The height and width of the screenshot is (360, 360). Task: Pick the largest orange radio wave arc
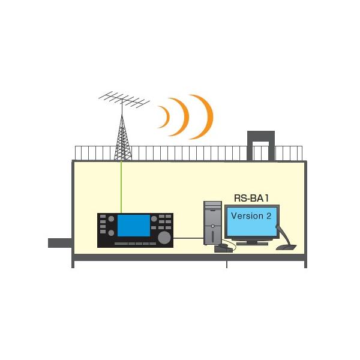tap(204, 116)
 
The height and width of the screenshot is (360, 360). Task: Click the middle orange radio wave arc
tap(181, 116)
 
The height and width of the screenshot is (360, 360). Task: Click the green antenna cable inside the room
tap(121, 186)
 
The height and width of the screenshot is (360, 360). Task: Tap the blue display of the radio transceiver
tap(133, 225)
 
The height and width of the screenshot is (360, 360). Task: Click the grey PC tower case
tap(212, 222)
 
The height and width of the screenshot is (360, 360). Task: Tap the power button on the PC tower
tap(212, 226)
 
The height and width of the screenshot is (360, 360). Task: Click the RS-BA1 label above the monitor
tap(251, 197)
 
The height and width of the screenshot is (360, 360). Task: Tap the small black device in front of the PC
tap(221, 248)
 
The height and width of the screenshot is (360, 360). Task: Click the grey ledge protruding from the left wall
tap(60, 242)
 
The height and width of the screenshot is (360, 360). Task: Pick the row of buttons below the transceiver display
tap(133, 244)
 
